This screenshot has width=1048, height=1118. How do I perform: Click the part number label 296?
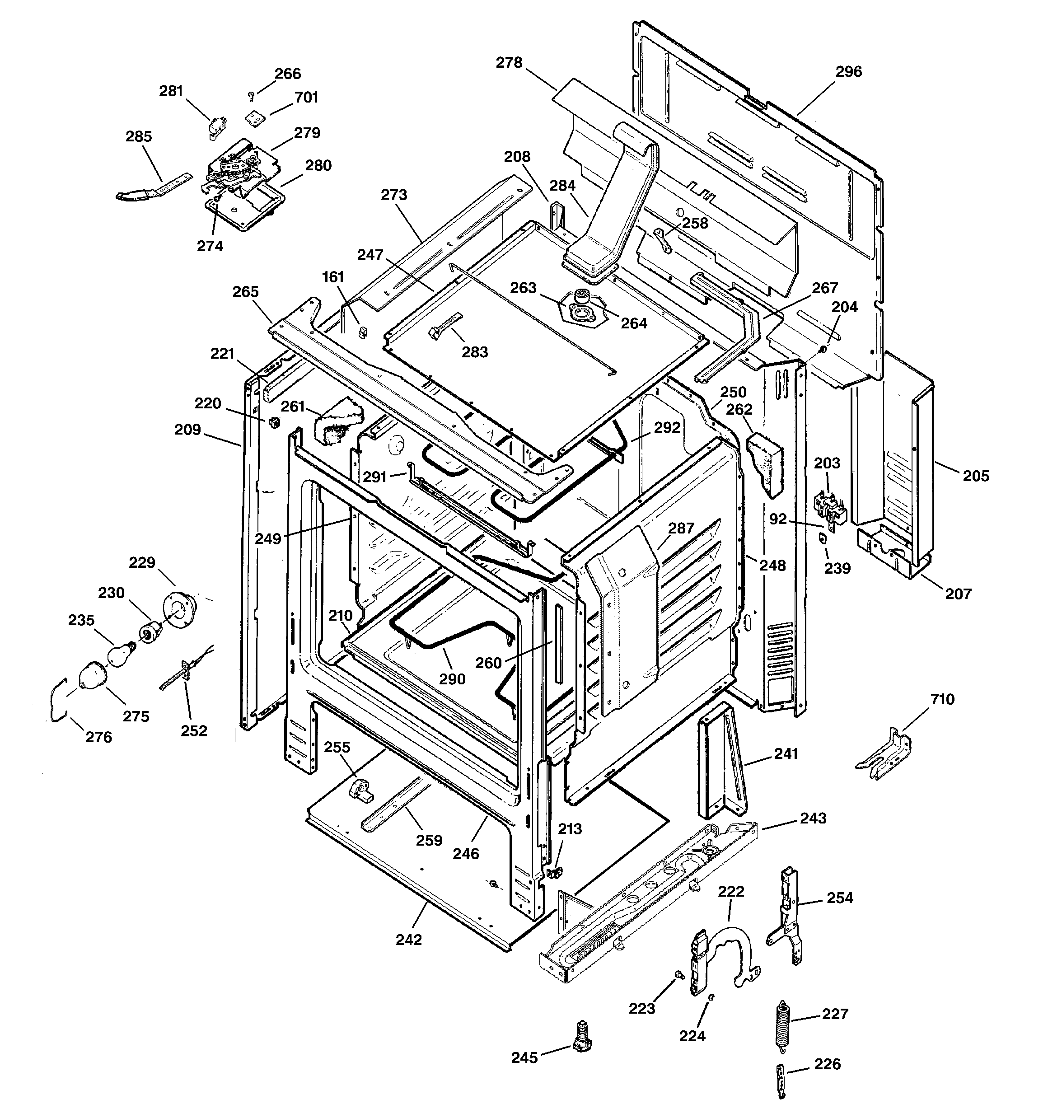[848, 71]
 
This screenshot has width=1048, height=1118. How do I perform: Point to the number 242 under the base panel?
[408, 940]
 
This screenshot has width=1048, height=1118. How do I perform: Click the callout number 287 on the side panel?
[681, 528]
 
